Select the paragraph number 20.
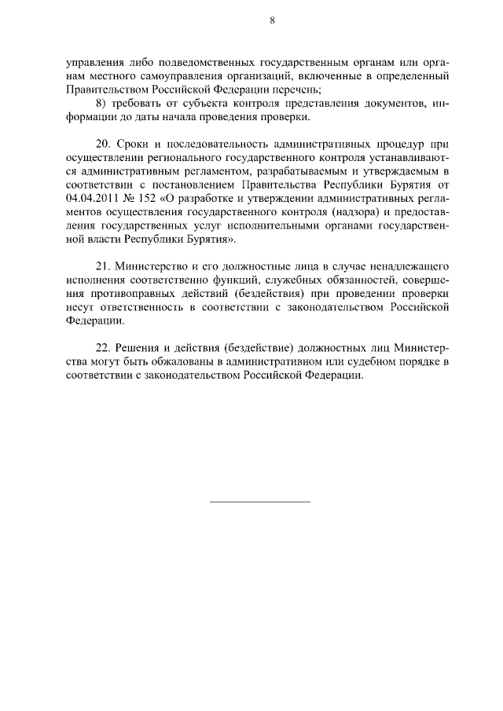point(101,145)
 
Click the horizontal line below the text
point(260,501)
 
